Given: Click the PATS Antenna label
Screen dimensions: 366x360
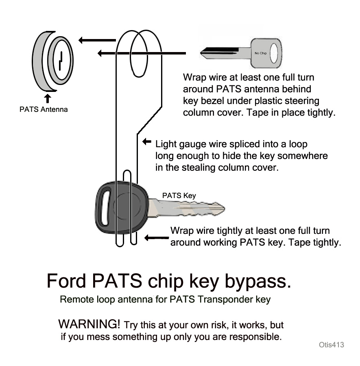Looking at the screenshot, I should pos(44,109).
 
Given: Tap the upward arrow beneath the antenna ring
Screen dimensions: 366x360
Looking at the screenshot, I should pos(48,98).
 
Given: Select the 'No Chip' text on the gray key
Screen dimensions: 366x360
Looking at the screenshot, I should pos(260,53).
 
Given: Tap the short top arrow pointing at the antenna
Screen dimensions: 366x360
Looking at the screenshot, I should pos(97,40).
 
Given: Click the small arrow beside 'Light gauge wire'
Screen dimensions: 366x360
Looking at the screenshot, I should pos(147,142).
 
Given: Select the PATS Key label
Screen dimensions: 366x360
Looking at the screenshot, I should pos(179,196).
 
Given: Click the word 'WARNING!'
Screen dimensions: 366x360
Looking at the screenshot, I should pos(89,324).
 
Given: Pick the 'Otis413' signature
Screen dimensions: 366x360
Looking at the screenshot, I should pos(332,345).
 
